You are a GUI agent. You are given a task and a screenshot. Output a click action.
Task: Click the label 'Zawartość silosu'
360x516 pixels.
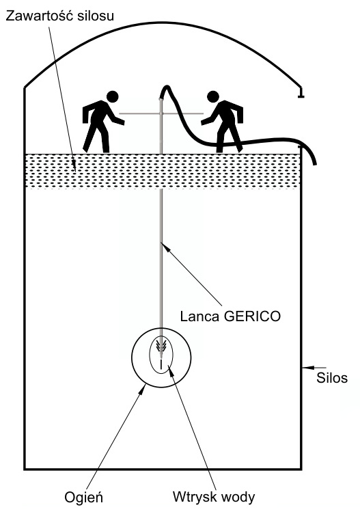tap(59, 16)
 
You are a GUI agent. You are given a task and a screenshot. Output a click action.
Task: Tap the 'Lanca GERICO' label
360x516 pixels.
tap(230, 316)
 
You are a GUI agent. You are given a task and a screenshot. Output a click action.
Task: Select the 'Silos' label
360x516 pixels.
tap(332, 377)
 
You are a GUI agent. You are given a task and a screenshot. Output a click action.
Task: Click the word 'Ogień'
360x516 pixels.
tap(83, 498)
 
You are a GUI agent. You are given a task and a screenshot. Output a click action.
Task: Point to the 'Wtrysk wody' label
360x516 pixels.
tap(214, 497)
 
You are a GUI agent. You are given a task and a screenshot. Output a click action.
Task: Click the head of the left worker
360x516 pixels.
tap(112, 96)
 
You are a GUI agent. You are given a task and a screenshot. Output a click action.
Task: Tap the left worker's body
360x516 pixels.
tap(100, 126)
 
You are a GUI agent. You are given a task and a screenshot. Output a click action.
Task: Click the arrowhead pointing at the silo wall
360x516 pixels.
tap(307, 367)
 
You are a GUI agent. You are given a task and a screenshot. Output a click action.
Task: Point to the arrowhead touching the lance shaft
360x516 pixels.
tap(165, 247)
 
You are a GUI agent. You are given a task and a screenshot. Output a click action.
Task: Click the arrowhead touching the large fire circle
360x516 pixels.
tap(142, 390)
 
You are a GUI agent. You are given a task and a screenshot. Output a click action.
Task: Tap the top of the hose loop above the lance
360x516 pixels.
tap(167, 86)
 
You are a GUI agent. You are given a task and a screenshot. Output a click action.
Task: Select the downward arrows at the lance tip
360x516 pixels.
tap(161, 346)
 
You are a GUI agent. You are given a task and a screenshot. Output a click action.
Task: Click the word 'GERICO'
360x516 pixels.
tap(252, 316)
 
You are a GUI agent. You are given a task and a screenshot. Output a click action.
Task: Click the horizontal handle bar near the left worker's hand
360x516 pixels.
tap(139, 113)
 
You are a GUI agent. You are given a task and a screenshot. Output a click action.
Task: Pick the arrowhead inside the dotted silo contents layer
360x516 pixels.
tap(74, 163)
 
